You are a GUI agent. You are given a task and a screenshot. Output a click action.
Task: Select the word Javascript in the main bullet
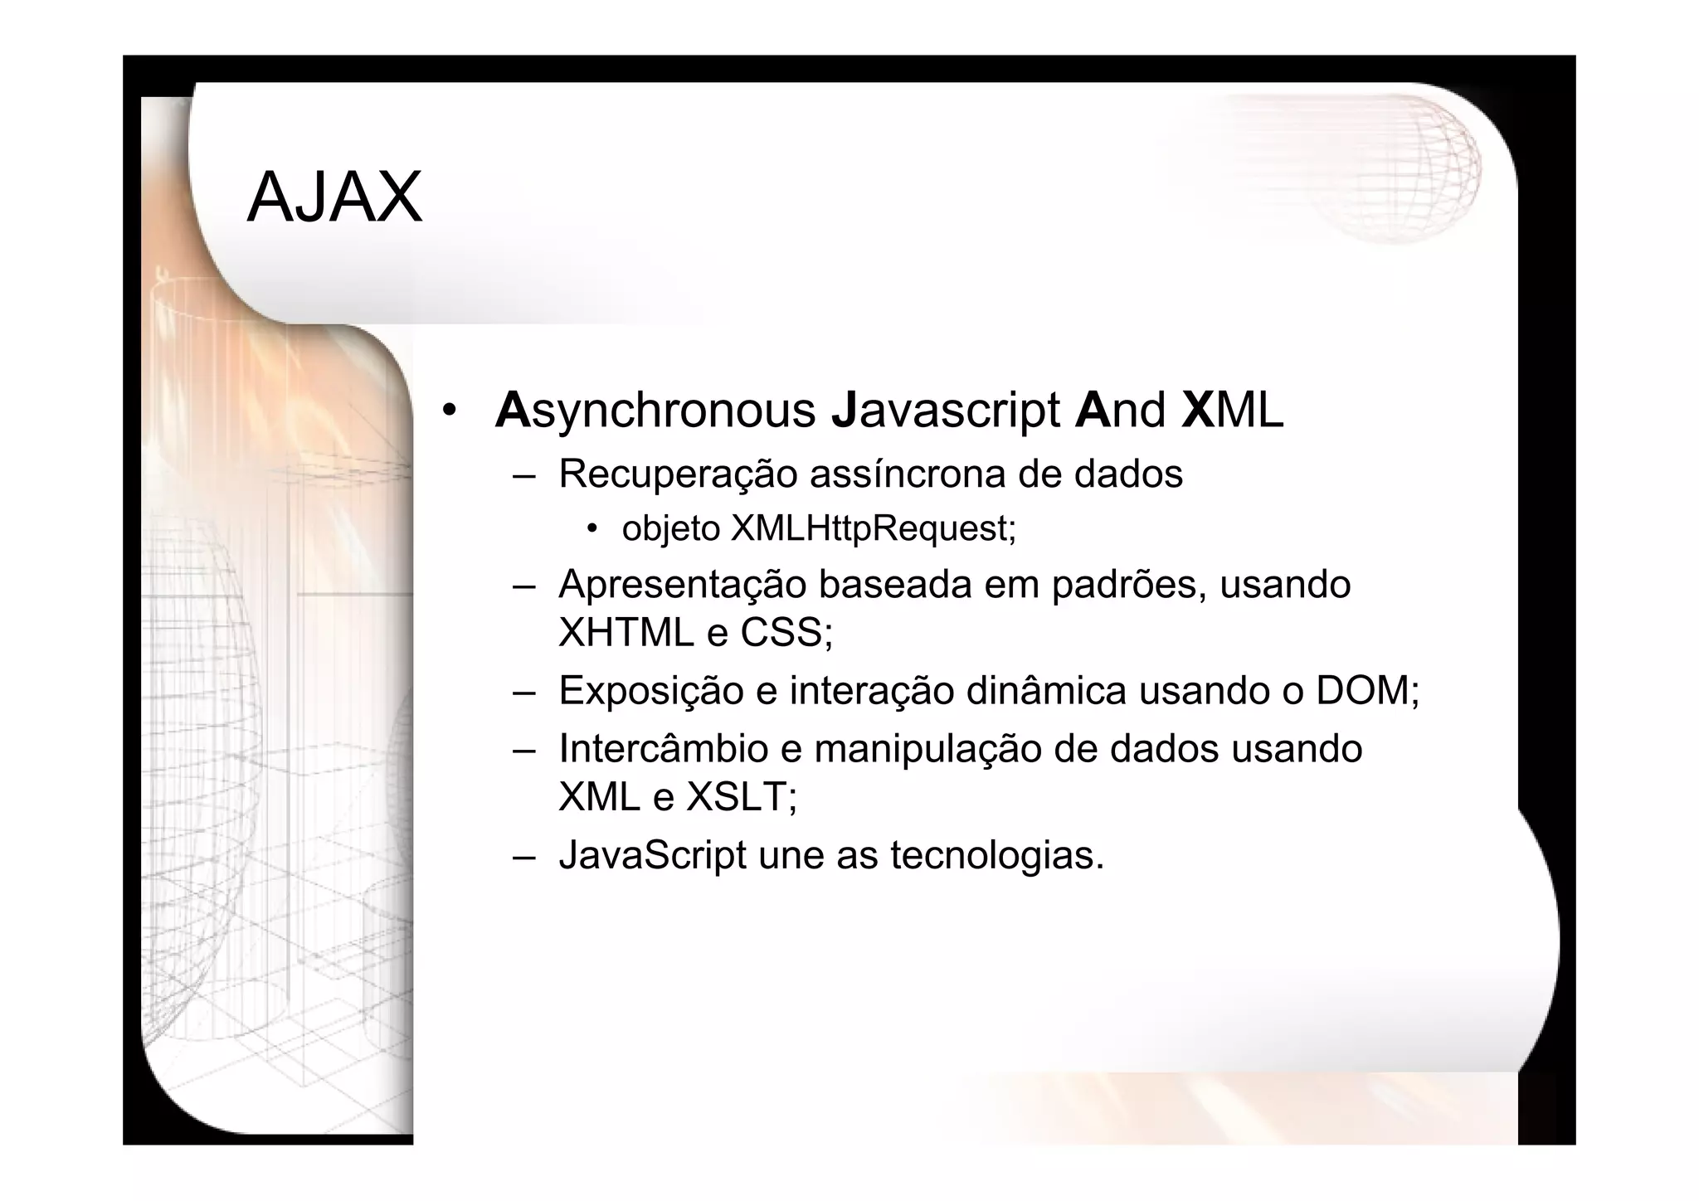pyautogui.click(x=946, y=411)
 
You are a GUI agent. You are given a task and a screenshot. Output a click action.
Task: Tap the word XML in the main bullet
pyautogui.click(x=1233, y=411)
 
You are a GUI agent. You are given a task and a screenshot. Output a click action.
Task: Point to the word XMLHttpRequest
pyautogui.click(x=873, y=528)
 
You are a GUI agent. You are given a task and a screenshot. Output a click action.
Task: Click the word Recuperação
pyautogui.click(x=678, y=474)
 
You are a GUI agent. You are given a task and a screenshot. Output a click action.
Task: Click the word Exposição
pyautogui.click(x=650, y=691)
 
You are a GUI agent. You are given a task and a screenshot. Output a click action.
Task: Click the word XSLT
pyautogui.click(x=741, y=797)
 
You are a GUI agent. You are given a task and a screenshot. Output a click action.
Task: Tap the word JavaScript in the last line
pyautogui.click(x=652, y=855)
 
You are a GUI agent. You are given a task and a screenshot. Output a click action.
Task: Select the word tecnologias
pyautogui.click(x=997, y=855)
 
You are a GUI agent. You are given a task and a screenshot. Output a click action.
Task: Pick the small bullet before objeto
pyautogui.click(x=591, y=528)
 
